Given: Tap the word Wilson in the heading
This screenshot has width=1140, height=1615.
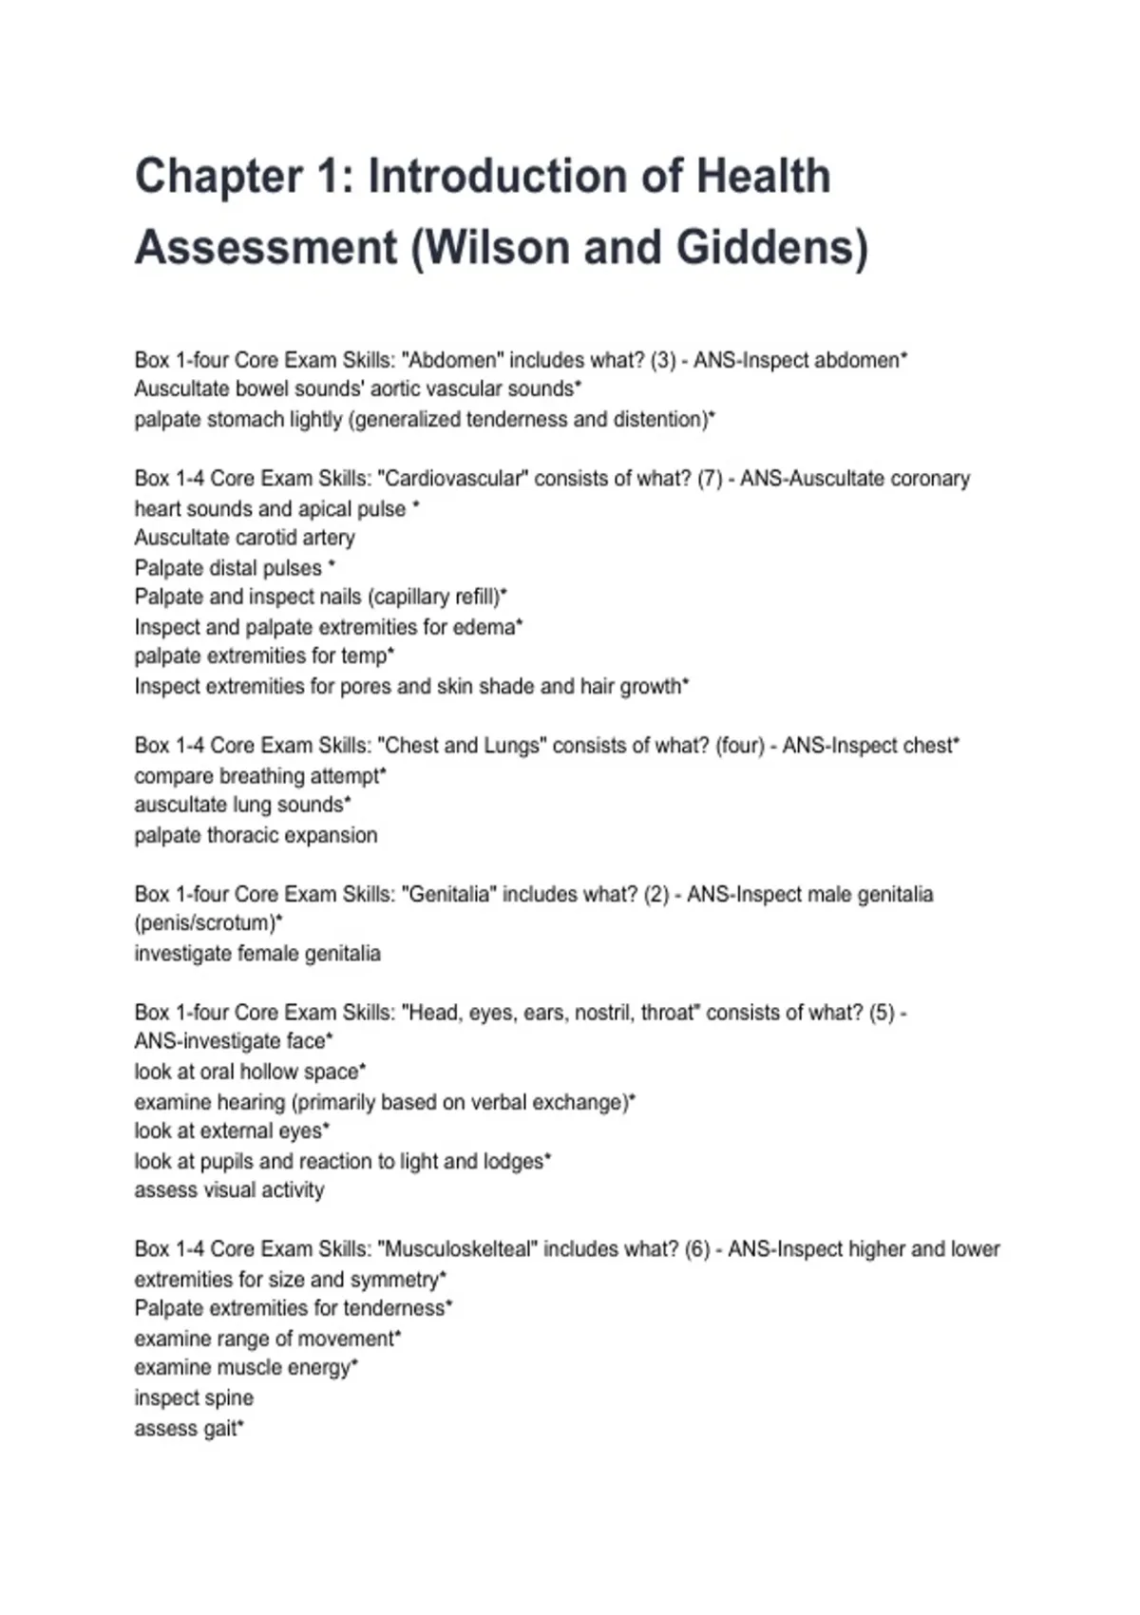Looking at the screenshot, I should coord(492,248).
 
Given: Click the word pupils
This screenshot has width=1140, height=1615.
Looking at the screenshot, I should coord(226,1161).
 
